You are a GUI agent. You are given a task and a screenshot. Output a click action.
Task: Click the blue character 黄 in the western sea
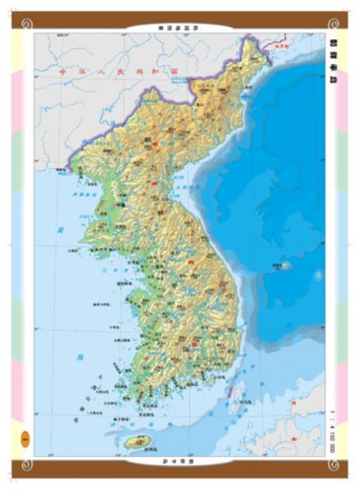[60, 233]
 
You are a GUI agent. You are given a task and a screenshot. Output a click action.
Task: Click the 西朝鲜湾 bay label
[80, 194]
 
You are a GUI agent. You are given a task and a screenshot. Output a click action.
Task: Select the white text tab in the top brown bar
[180, 27]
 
